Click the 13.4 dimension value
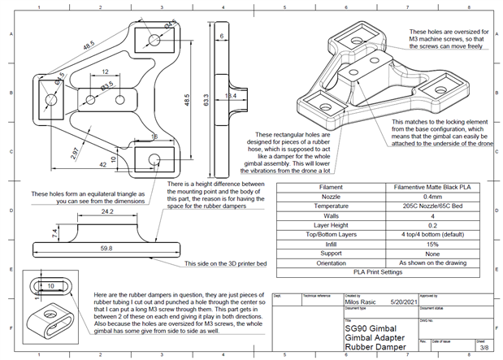click(x=230, y=97)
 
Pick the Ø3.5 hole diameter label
click(x=106, y=85)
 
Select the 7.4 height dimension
click(x=54, y=234)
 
